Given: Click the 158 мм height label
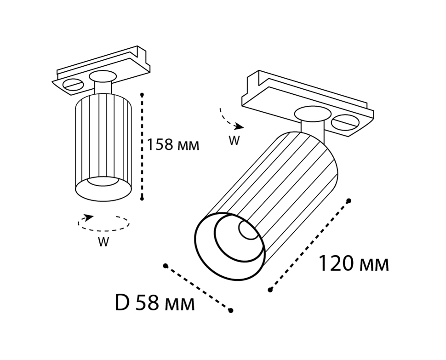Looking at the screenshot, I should tap(172, 145).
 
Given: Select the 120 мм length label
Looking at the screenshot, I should tap(353, 264).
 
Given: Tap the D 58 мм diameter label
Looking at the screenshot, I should tap(154, 303).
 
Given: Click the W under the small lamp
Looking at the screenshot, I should tap(103, 242).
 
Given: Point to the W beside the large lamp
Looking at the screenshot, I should tap(234, 141).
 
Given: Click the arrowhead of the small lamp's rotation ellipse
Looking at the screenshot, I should tap(89, 217).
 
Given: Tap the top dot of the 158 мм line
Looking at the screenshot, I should tap(143, 94).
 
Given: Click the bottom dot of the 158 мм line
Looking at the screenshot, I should tap(143, 198).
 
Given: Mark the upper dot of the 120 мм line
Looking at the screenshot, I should tap(349, 200).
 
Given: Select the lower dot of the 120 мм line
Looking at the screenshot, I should tap(270, 290).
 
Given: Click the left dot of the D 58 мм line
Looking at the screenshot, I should tap(165, 265).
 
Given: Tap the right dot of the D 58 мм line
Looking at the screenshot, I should tap(231, 311).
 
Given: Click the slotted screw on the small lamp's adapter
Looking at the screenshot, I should tap(73, 85).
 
